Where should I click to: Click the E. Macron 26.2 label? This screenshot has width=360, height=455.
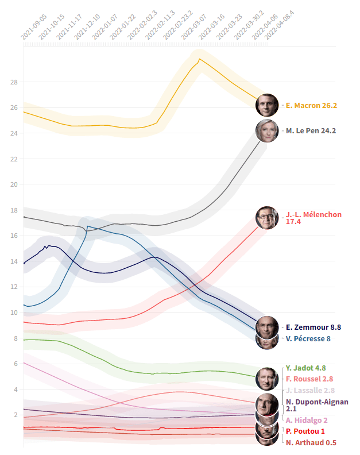311,106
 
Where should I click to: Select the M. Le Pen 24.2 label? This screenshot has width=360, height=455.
311,131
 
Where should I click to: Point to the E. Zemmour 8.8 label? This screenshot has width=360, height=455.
313,327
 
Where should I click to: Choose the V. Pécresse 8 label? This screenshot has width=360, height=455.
308,339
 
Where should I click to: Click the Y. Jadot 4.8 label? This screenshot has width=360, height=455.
305,368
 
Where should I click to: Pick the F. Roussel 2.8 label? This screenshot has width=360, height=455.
309,379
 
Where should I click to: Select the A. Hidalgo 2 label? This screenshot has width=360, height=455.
307,421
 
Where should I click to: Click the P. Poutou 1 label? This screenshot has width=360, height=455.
305,431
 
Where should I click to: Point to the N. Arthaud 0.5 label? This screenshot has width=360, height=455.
311,443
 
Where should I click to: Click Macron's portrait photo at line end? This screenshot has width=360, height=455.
267,105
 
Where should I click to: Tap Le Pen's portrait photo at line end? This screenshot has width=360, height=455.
267,131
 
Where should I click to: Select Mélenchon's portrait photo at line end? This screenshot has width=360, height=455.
267,218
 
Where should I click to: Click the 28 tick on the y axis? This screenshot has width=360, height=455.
14,82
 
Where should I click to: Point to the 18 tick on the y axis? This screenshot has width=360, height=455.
14,210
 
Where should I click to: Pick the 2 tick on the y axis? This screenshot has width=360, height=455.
16,415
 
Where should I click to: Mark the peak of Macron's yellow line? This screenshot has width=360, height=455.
199,59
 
